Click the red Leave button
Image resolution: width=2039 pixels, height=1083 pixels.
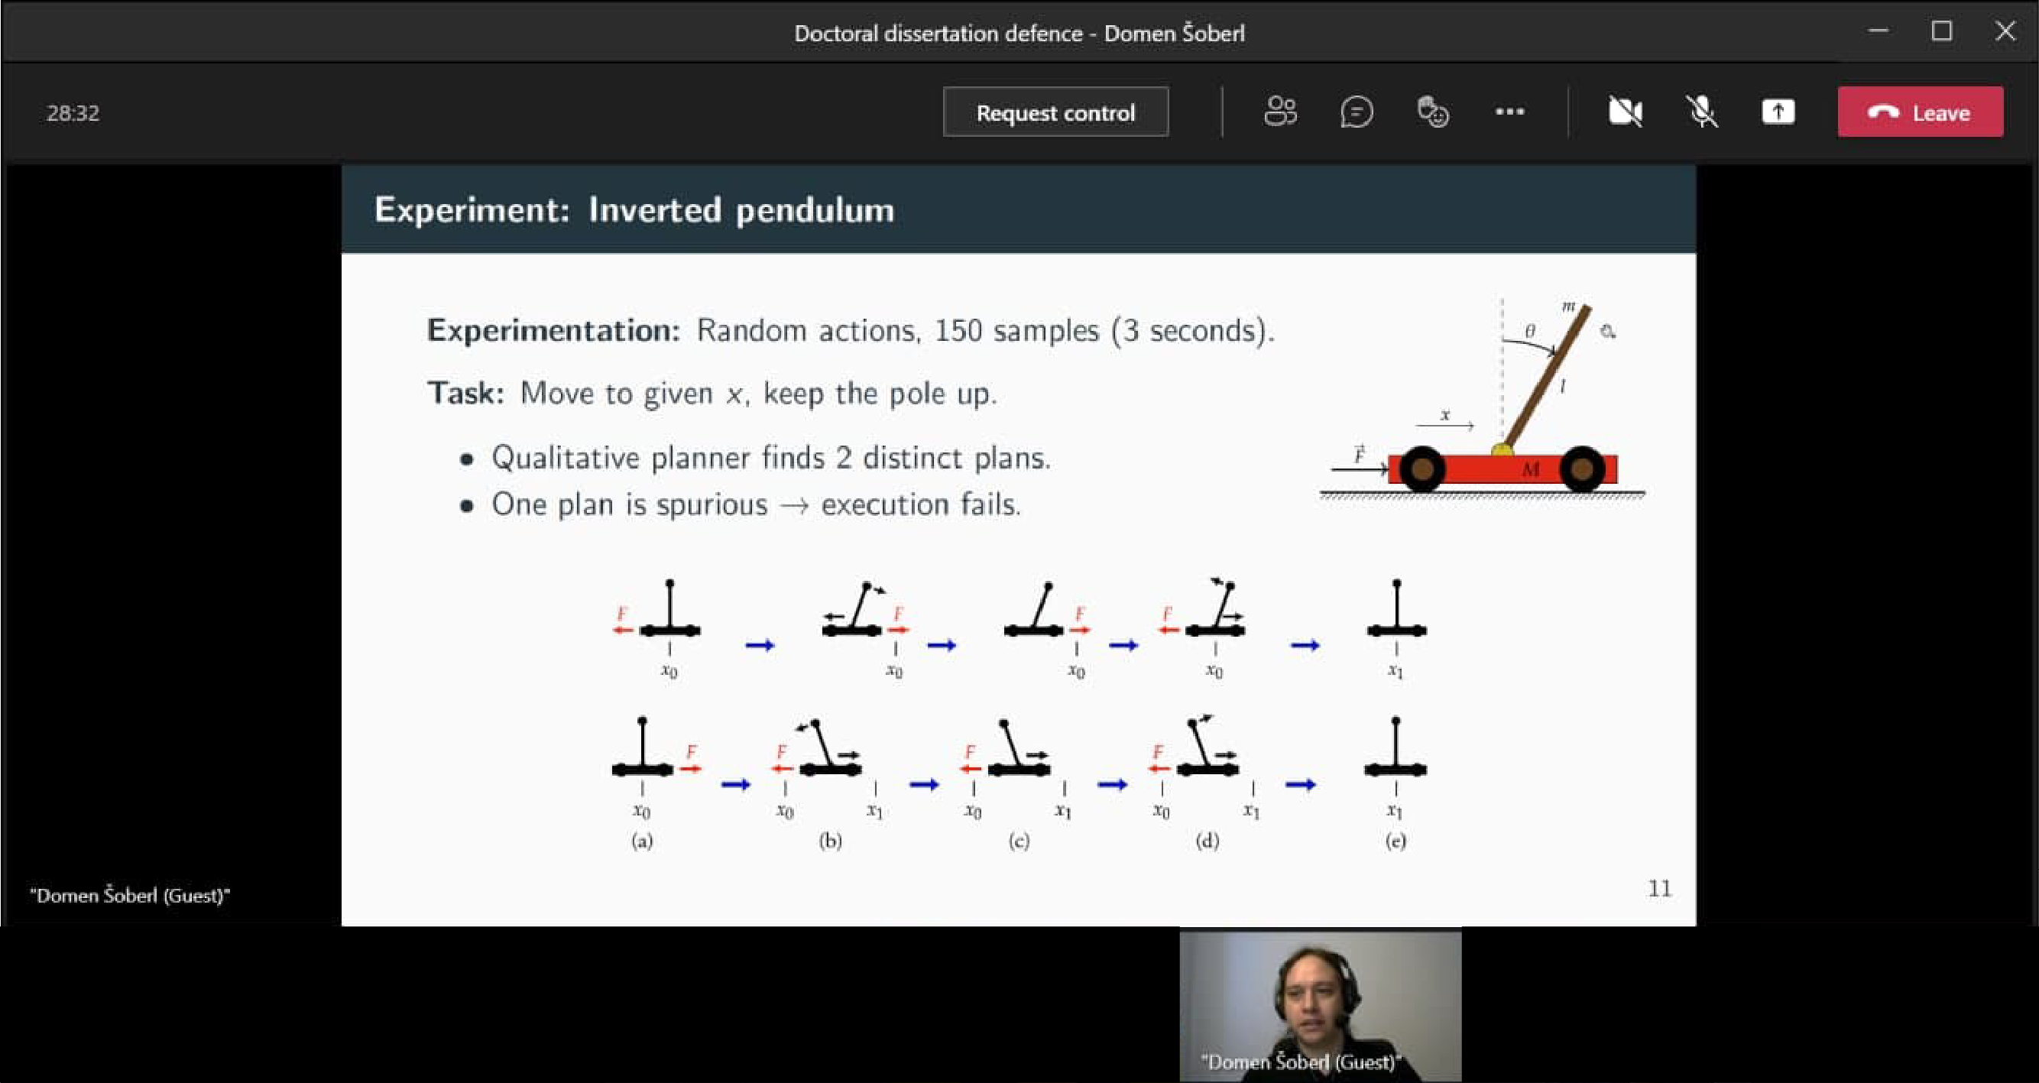pos(1921,112)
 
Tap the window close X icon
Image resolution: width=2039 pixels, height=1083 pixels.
pos(2005,31)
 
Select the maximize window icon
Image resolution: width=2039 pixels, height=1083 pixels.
pos(1942,31)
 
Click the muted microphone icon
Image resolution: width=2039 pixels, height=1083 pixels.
pos(1702,112)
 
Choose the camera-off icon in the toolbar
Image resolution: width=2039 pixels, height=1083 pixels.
pos(1625,112)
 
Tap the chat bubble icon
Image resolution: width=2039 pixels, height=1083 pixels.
pos(1357,112)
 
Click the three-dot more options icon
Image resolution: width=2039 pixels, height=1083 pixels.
pos(1509,112)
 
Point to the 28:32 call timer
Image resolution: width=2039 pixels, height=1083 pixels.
pos(73,113)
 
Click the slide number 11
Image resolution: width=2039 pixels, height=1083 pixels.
pos(1660,889)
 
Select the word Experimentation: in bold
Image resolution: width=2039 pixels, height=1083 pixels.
pos(553,330)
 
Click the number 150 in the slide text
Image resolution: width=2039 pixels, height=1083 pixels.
pos(958,330)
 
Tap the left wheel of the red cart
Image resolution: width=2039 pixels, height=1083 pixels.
pos(1422,469)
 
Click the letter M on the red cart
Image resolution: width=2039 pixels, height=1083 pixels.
pos(1530,469)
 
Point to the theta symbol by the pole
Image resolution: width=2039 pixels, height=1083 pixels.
pos(1529,331)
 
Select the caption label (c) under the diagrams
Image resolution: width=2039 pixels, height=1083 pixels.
pos(1019,841)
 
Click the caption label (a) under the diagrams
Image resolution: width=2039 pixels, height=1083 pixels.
pos(642,841)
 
